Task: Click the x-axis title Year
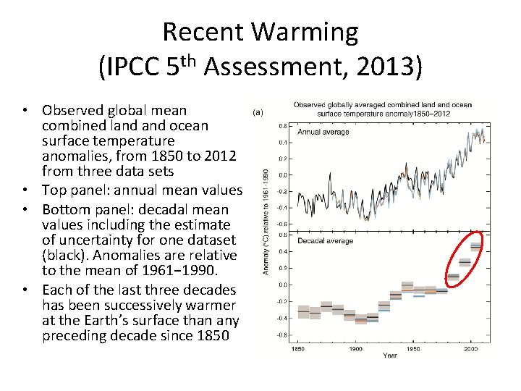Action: tap(389, 356)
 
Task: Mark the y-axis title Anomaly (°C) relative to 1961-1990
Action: tap(266, 221)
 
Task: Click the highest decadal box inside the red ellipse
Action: tap(475, 247)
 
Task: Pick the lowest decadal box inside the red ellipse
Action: tap(453, 276)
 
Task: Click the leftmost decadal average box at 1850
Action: tap(303, 311)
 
